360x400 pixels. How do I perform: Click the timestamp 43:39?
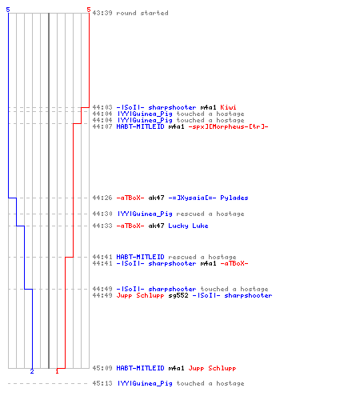pyautogui.click(x=102, y=13)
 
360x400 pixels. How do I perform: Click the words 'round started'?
pyautogui.click(x=142, y=13)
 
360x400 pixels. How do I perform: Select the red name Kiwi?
pyautogui.click(x=228, y=107)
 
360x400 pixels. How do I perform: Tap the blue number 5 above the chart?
pyautogui.click(x=8, y=10)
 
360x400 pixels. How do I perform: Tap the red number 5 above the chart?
pyautogui.click(x=89, y=10)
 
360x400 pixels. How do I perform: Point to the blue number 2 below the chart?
pyautogui.click(x=32, y=371)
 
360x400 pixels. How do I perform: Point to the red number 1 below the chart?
pyautogui.click(x=57, y=371)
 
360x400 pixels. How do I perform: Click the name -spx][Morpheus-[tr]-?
pyautogui.click(x=228, y=126)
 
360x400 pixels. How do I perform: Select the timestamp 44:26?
pyautogui.click(x=102, y=198)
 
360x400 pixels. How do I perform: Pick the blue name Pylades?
pyautogui.click(x=234, y=198)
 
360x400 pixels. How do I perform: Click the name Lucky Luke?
pyautogui.click(x=188, y=226)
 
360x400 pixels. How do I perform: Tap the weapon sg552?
pyautogui.click(x=178, y=295)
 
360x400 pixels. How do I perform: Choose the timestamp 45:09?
pyautogui.click(x=102, y=368)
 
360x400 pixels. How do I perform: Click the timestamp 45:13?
pyautogui.click(x=102, y=383)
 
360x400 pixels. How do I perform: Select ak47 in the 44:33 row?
pyautogui.click(x=156, y=226)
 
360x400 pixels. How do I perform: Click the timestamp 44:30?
pyautogui.click(x=102, y=214)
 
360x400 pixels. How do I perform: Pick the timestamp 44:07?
pyautogui.click(x=102, y=126)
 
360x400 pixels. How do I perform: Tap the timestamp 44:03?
pyautogui.click(x=102, y=107)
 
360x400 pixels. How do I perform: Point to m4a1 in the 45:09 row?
pyautogui.click(x=176, y=368)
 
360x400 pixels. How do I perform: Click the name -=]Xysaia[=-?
pyautogui.click(x=192, y=198)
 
